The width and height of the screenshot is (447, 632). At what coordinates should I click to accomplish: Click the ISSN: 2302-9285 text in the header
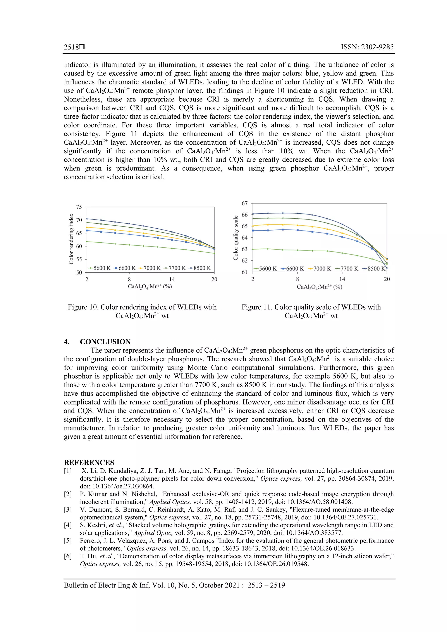[367, 47]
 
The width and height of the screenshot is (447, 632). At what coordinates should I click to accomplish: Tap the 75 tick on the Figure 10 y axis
[79, 207]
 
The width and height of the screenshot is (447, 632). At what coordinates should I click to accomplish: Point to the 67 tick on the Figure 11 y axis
[245, 203]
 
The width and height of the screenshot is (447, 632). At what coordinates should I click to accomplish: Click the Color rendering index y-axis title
[71, 239]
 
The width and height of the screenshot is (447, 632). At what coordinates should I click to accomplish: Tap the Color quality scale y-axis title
[236, 238]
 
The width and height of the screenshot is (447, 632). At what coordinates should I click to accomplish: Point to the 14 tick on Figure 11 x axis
[342, 279]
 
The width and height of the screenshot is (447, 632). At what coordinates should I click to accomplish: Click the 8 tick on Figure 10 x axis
[129, 279]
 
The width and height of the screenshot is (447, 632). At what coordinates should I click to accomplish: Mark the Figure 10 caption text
[142, 311]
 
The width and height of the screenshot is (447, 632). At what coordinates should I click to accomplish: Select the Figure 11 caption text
[311, 311]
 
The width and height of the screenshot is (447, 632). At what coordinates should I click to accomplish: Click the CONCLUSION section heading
[105, 342]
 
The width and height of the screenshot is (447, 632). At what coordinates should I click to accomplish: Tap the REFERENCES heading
[89, 463]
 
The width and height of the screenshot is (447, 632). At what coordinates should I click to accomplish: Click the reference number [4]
[68, 525]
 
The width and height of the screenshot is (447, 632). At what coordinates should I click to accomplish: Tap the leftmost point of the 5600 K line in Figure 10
[87, 242]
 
